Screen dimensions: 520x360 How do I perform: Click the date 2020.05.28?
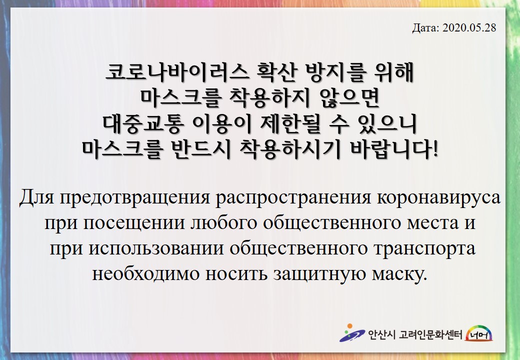[469, 27]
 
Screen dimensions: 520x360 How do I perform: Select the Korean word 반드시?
[201, 149]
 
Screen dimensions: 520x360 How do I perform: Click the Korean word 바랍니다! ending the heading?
[394, 149]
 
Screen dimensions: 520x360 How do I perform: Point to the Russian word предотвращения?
[135, 197]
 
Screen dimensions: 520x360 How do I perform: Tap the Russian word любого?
[224, 223]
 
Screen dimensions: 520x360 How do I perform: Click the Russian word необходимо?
[145, 274]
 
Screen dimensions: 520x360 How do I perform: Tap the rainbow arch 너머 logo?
[479, 333]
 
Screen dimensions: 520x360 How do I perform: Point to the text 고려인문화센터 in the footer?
[430, 335]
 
